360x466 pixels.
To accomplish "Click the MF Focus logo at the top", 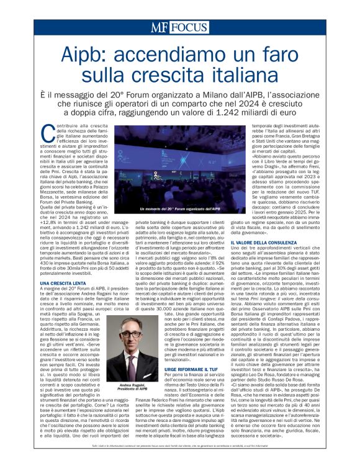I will pyautogui.click(x=180, y=28).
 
